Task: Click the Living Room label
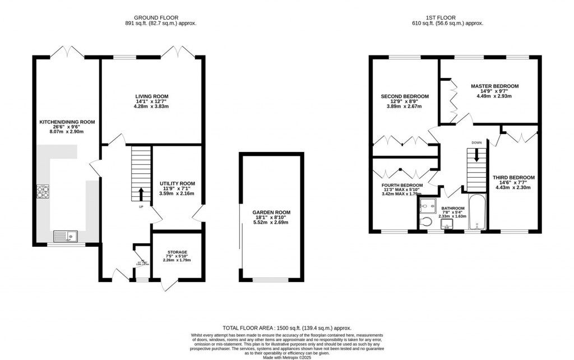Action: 151,96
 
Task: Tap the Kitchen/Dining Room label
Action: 67,122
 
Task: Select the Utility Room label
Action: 177,183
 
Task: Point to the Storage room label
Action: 177,252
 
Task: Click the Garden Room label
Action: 271,213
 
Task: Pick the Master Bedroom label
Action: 494,86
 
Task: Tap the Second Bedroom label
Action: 405,96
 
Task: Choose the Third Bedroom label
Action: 513,178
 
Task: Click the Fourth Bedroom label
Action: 402,185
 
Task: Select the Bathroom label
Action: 452,207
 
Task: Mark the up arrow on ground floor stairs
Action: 141,194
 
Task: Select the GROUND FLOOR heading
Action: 160,17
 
